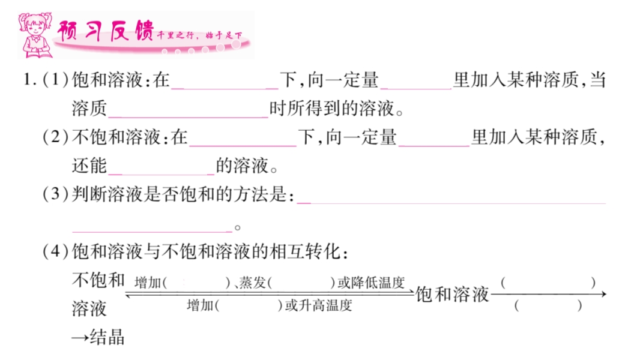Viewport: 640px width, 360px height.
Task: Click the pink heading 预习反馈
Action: [105, 31]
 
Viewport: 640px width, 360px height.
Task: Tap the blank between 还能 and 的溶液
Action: [162, 166]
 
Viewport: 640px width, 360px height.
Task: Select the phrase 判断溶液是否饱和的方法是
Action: [181, 195]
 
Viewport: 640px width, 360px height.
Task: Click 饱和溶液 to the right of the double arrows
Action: [452, 294]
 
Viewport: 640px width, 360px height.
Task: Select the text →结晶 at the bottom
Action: [98, 337]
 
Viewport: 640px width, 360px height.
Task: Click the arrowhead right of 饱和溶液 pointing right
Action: [603, 294]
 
